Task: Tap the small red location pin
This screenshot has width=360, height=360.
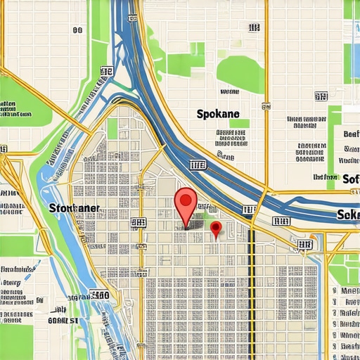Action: point(216,229)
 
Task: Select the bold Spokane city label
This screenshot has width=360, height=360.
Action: point(218,113)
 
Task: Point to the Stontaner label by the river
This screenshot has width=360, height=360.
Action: point(75,208)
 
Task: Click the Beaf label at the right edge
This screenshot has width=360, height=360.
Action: point(351,134)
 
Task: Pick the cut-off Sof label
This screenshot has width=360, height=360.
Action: point(351,178)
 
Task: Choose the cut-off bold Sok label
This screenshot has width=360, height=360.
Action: point(348,214)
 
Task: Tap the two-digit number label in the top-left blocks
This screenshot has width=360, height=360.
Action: point(77,30)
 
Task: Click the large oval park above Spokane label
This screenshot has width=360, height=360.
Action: point(239,70)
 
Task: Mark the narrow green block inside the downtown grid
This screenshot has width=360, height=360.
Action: point(112,128)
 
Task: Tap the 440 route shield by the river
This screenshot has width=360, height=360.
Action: point(99,296)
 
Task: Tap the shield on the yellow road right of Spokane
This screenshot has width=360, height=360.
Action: point(266,106)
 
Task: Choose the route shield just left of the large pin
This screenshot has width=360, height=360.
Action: point(138,223)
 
